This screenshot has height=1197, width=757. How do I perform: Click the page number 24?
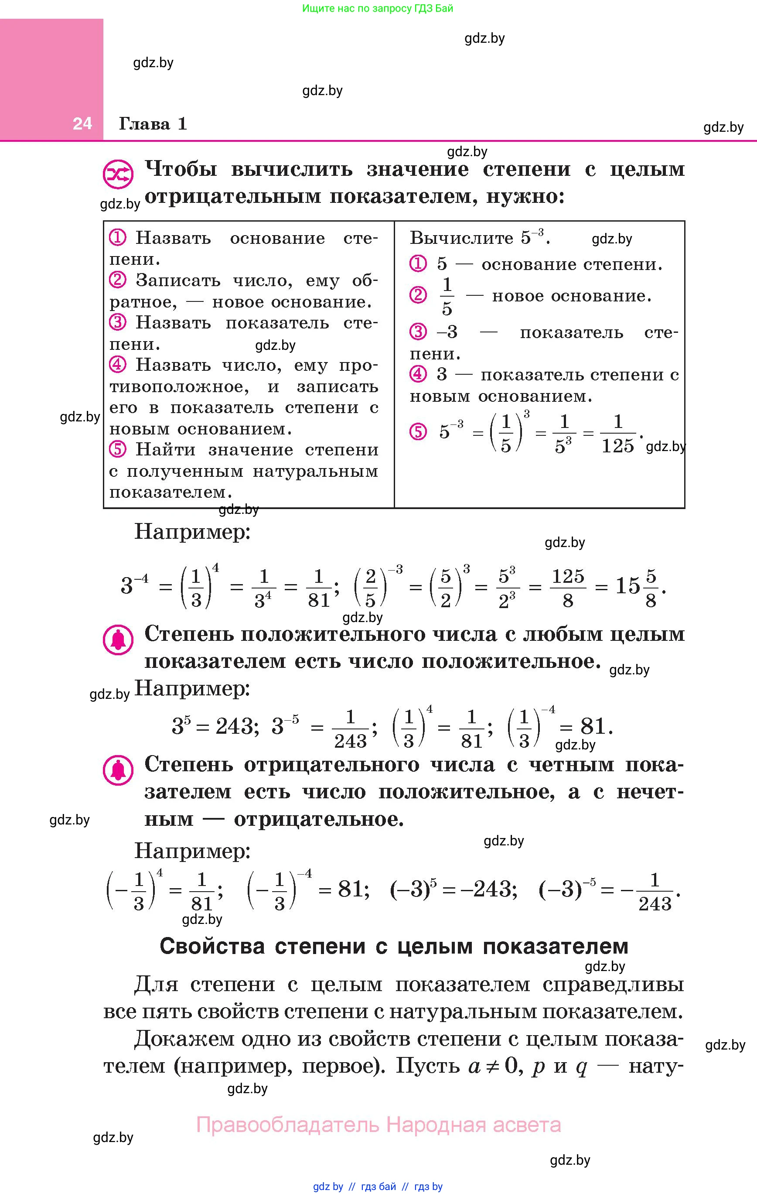click(82, 123)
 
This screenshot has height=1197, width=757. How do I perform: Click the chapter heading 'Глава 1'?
click(153, 123)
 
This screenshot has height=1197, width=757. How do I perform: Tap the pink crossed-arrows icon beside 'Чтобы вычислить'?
click(118, 174)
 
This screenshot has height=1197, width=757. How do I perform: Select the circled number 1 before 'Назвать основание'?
click(117, 238)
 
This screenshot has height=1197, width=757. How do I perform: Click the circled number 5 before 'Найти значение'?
click(117, 449)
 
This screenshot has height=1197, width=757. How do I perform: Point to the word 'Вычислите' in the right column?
click(461, 238)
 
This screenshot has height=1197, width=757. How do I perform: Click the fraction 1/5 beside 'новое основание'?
click(447, 296)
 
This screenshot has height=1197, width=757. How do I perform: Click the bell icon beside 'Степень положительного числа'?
click(118, 640)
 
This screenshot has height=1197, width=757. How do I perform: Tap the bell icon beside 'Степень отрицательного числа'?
click(118, 770)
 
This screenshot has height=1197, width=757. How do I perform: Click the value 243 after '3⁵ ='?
click(234, 727)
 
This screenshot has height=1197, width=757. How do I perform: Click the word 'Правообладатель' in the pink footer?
click(288, 1125)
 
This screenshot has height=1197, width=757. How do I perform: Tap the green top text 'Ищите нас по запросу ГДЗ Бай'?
click(378, 8)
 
